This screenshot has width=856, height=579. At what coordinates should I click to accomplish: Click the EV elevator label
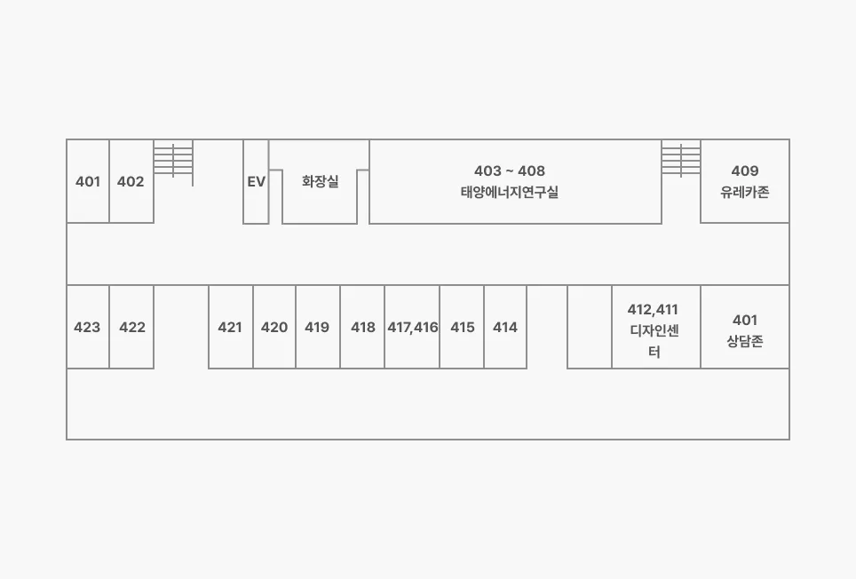click(x=256, y=182)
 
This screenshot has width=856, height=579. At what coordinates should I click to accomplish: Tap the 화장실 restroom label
click(x=320, y=182)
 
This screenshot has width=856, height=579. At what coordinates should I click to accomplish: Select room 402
click(x=131, y=182)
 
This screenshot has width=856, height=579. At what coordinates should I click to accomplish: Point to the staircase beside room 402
click(x=173, y=160)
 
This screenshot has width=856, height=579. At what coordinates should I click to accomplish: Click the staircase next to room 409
click(x=681, y=160)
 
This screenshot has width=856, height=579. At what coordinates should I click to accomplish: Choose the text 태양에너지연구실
click(x=509, y=192)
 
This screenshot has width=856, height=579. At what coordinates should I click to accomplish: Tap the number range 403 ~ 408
click(x=510, y=171)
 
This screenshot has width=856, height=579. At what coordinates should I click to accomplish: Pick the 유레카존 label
click(x=745, y=192)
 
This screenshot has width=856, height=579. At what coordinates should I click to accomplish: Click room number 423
click(x=87, y=327)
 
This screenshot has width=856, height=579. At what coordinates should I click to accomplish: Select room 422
click(x=131, y=327)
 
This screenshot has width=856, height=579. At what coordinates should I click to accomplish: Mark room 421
click(x=230, y=327)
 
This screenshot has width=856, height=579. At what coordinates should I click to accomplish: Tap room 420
click(x=274, y=327)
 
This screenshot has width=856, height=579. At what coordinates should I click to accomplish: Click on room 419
click(x=317, y=327)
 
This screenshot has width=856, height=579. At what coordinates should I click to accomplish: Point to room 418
click(x=362, y=327)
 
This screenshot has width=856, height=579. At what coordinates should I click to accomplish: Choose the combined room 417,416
click(x=413, y=327)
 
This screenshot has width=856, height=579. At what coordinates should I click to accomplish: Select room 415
click(x=462, y=327)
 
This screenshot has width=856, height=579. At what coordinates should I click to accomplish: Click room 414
click(x=505, y=327)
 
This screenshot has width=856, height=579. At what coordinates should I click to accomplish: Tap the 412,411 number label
click(x=653, y=309)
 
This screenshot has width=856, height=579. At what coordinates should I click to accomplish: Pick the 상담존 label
click(x=745, y=341)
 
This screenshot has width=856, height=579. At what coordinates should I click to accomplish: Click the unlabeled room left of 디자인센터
click(x=590, y=327)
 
